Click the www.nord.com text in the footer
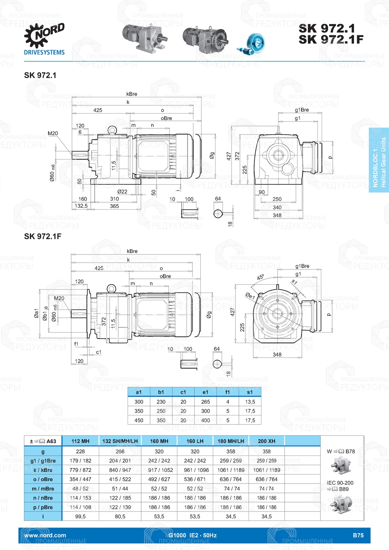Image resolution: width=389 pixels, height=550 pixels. point(45,535)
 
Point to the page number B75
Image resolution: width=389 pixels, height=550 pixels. point(358,535)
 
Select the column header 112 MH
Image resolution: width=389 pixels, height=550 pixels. point(81,441)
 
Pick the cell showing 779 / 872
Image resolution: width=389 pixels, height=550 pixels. point(81,470)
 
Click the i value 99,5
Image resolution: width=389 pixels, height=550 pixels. point(81,517)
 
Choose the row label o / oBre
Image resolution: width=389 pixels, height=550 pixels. point(43,479)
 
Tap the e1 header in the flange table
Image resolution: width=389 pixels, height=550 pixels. point(205,392)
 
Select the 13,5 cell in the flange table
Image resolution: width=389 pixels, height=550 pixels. point(250,402)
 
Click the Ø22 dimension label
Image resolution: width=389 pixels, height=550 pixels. point(122,191)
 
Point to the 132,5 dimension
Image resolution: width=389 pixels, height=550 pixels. point(81,206)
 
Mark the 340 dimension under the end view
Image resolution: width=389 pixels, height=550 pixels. point(277,207)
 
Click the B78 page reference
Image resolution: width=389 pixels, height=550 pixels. point(350,451)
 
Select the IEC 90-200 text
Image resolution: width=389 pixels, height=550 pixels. point(340,483)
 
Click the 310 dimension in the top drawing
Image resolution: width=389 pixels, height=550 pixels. point(114,199)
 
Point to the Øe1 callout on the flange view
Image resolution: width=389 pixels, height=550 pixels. point(250,296)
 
